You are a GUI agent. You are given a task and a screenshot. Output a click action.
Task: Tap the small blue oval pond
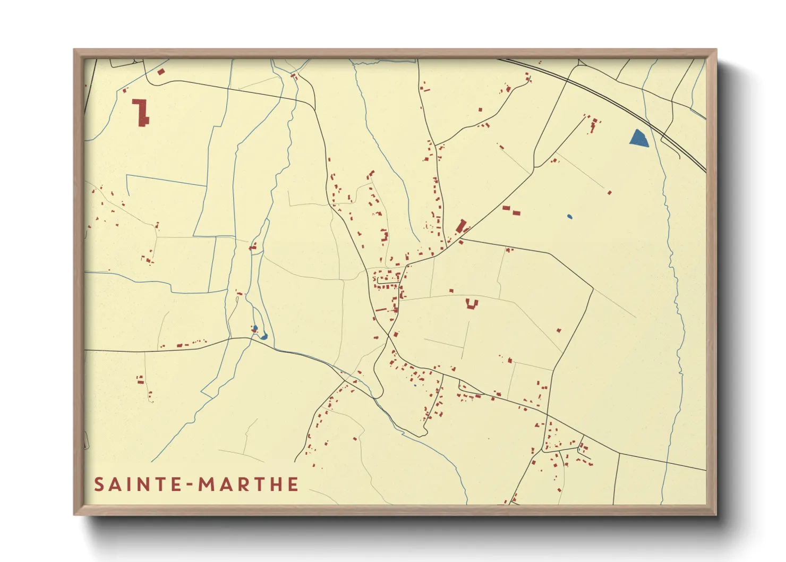click(x=569, y=217)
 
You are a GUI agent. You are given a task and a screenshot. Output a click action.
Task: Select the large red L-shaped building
click(x=141, y=113)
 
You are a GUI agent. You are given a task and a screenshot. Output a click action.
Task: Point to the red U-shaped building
click(x=472, y=304)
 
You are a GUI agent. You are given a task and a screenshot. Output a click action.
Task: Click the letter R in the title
click(x=239, y=484)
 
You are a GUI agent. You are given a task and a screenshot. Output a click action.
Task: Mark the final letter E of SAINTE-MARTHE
click(x=292, y=484)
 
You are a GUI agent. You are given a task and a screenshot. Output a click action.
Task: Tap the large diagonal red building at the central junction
click(x=461, y=226)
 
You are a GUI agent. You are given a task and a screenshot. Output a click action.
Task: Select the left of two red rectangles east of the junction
click(x=506, y=208)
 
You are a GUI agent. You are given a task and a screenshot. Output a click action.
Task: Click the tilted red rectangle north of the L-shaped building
click(x=161, y=71)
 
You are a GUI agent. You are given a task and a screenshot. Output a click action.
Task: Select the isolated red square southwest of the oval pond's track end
click(x=609, y=192)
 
